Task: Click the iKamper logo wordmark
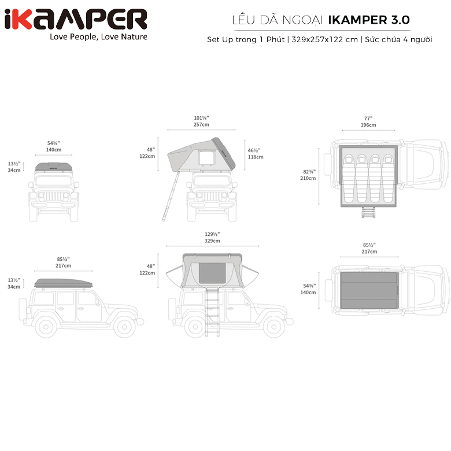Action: click(75, 20)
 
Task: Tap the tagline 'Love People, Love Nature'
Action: click(98, 37)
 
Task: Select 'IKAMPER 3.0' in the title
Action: click(369, 19)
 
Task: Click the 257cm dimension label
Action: click(201, 125)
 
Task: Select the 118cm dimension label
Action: click(256, 157)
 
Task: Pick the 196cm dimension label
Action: click(368, 125)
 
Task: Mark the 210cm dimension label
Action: click(308, 178)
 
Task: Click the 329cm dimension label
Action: click(212, 241)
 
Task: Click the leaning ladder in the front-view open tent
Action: click(169, 197)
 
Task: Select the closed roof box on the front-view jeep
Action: click(54, 168)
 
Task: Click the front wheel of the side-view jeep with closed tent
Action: click(123, 327)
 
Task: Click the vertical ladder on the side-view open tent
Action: click(212, 312)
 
